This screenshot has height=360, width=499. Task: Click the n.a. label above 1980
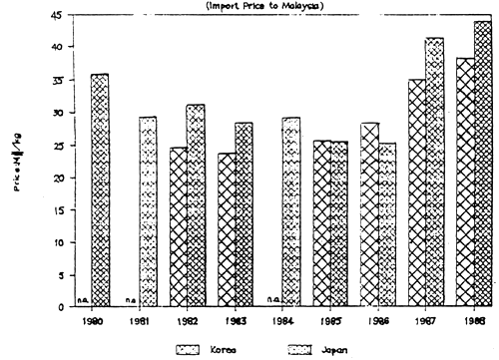pyautogui.click(x=83, y=299)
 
